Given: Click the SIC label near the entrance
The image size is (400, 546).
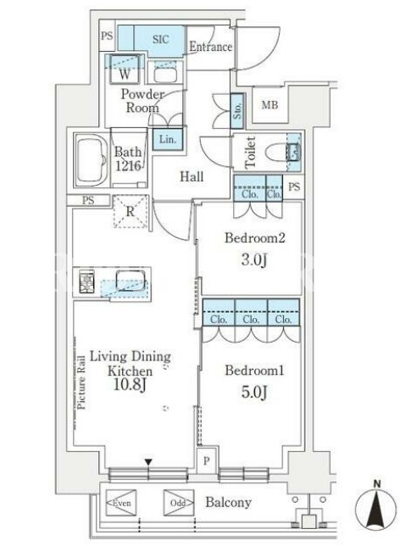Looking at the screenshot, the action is pos(160,39).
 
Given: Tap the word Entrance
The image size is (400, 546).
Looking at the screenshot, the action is pos(211,47).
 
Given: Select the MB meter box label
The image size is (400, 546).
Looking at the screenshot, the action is pos(269,104).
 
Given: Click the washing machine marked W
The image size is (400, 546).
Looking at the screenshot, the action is pos(125,70).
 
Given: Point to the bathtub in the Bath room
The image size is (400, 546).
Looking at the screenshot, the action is pos(92,160).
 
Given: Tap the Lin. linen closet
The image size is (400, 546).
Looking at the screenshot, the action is pos(168,139).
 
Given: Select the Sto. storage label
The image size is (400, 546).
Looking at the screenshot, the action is pos(236,111).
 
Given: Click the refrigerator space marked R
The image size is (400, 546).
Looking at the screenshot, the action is pos(131,211).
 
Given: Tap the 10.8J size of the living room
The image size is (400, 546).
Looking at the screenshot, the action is pos(130,384).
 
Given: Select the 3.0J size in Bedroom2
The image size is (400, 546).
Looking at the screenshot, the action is pos(254,259).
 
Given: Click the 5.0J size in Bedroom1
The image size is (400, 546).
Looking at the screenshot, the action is pos(254,392).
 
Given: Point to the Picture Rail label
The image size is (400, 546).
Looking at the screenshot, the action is pos(81,382).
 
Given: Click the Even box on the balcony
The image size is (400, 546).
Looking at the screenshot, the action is pos(121,503).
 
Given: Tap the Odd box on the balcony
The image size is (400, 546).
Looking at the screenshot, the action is pos(179,503).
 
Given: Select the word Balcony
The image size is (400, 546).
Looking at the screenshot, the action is pos(228,503).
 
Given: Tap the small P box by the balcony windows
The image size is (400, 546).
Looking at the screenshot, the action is pos(206,460).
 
